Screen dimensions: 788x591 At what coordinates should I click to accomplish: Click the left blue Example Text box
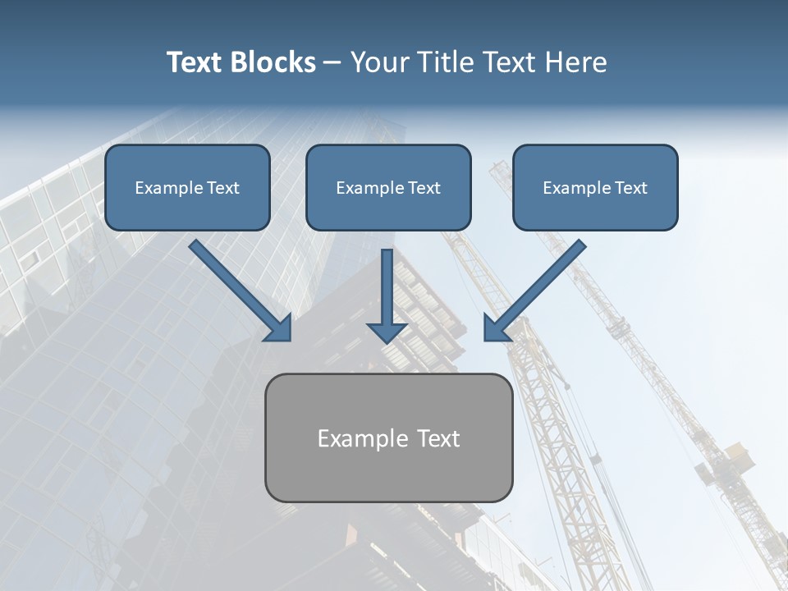(x=187, y=187)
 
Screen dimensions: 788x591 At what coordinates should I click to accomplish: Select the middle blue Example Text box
(x=388, y=187)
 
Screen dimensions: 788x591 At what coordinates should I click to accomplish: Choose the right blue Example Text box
(x=595, y=187)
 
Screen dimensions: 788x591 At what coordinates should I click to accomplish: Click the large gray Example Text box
(x=388, y=438)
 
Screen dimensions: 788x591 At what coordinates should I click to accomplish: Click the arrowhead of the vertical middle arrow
(x=387, y=331)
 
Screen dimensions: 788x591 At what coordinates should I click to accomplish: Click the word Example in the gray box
(x=363, y=438)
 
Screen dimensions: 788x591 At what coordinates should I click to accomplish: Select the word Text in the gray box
(x=438, y=438)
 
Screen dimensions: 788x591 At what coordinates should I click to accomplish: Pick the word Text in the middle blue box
(x=424, y=188)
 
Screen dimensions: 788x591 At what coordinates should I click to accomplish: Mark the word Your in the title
(x=376, y=62)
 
